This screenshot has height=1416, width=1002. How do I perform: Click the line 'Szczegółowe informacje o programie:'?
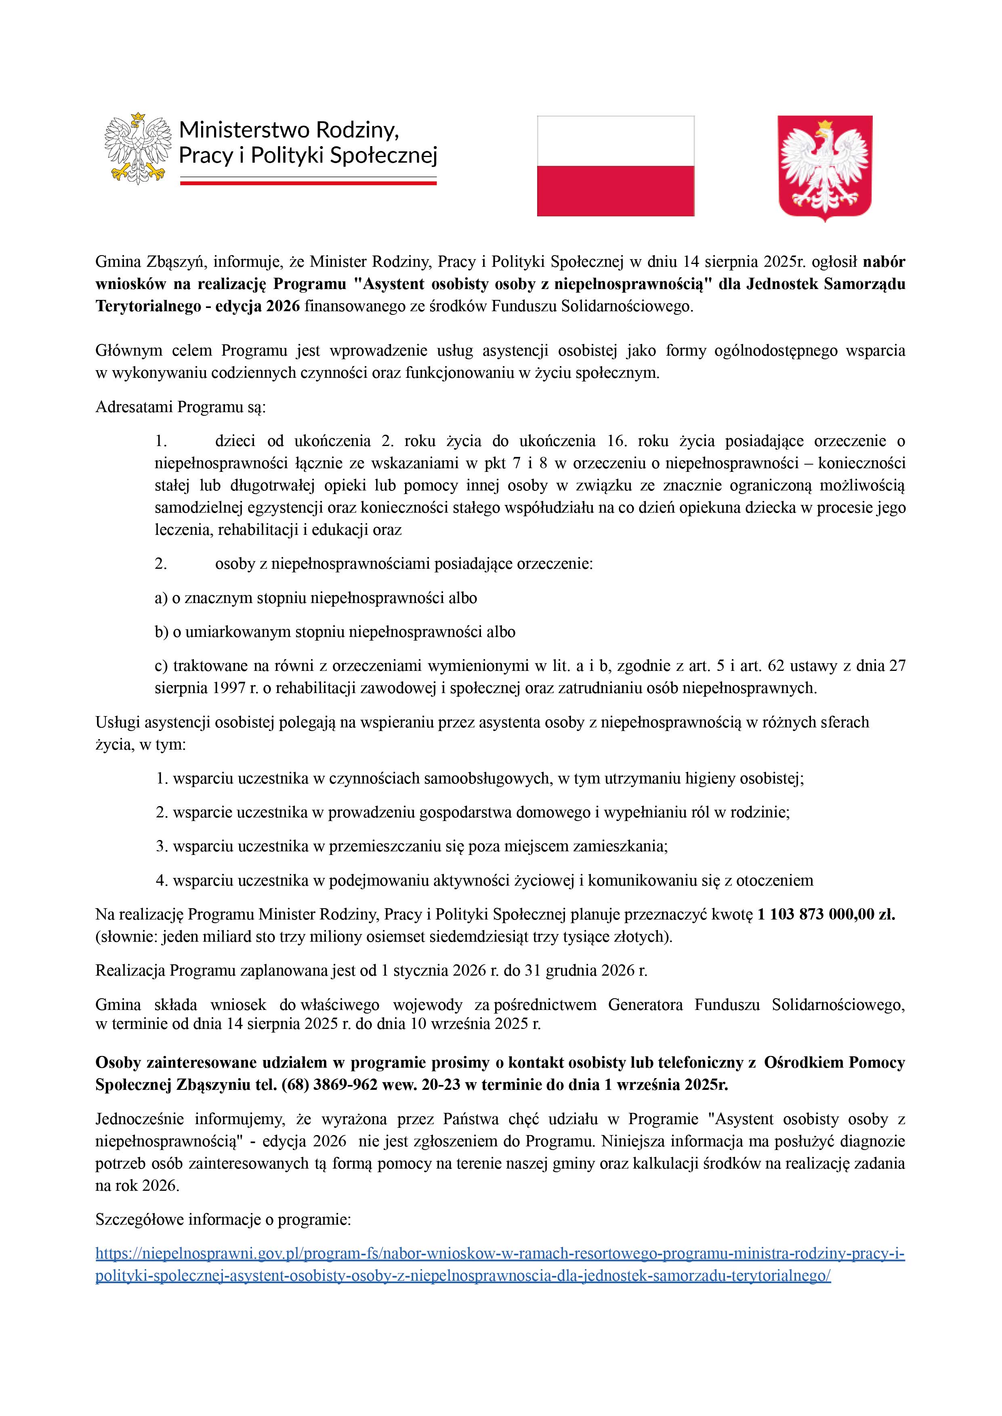223,1219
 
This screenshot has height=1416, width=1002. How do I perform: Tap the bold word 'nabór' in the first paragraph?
884,262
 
